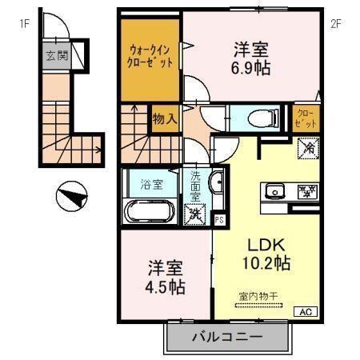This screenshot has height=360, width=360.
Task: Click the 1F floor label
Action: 25,24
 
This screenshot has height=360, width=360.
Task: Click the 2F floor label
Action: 335,24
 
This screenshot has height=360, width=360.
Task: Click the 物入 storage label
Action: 165,119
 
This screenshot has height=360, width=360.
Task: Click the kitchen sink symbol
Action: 274,191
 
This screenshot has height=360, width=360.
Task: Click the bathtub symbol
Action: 149,213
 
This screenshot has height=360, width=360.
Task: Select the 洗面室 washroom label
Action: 195,188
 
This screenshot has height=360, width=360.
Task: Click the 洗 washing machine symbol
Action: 194,214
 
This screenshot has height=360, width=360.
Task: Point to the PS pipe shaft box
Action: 220,218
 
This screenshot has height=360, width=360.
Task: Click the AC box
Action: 305,312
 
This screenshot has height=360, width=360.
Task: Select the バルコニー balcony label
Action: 226,337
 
